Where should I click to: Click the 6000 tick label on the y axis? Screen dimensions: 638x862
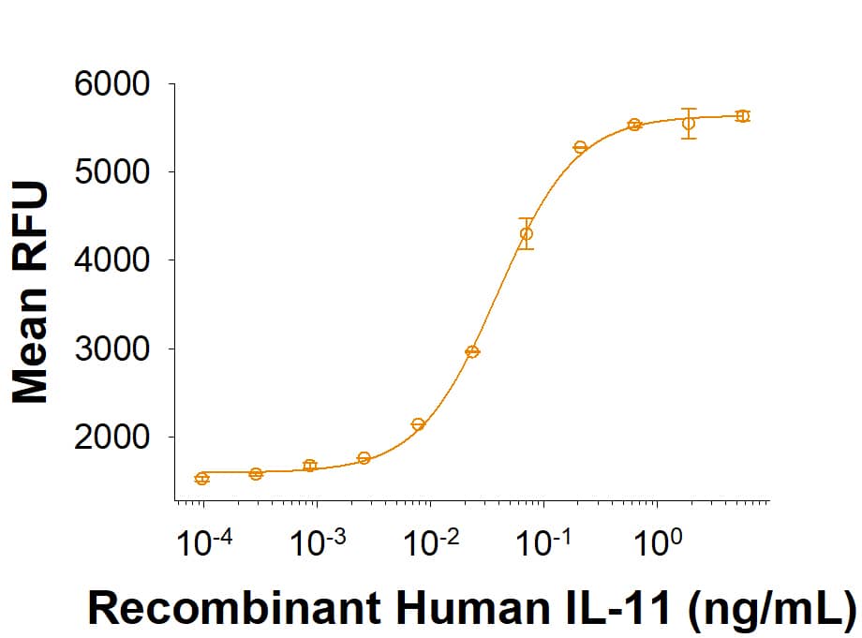[x=111, y=84]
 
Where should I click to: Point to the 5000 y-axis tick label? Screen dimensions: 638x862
[x=111, y=172]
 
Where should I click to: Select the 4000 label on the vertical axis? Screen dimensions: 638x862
[x=111, y=260]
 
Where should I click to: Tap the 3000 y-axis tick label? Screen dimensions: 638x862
[x=111, y=349]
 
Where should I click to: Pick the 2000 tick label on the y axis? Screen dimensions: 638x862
[x=111, y=438]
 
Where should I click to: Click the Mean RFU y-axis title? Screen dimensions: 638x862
[x=30, y=293]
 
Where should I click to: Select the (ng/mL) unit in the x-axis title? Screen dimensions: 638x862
[x=771, y=609]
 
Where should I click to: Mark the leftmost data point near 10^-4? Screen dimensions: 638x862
[x=202, y=479]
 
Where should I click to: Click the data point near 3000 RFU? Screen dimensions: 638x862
[x=472, y=351]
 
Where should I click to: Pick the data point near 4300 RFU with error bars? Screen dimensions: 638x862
[x=527, y=233]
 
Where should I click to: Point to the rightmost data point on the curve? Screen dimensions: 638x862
[x=742, y=116]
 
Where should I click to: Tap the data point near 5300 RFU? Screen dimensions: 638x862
[x=580, y=147]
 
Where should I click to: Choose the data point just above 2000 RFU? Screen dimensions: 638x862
[x=418, y=424]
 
